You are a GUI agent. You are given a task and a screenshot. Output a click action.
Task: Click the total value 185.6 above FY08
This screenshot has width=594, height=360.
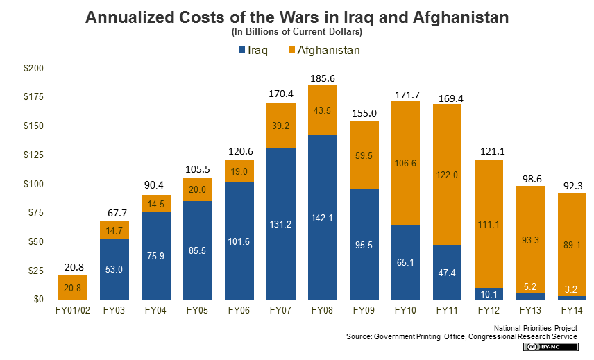click(323, 78)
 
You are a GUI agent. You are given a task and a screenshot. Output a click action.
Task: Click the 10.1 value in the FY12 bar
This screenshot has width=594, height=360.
click(489, 292)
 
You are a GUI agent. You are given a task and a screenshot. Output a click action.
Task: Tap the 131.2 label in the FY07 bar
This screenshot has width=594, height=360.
click(281, 223)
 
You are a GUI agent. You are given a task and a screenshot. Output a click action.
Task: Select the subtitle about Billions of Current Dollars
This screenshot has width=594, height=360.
click(296, 33)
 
